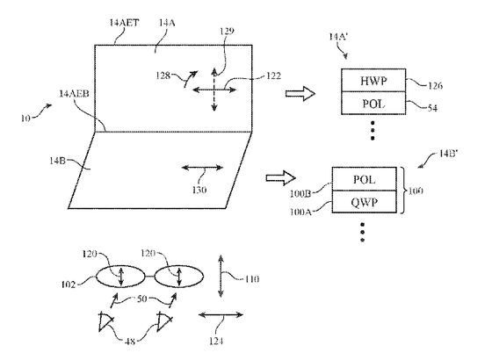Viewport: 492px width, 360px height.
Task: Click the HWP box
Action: click(x=373, y=80)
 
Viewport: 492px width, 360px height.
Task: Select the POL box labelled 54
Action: click(x=373, y=103)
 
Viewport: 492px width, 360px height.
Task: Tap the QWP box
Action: click(x=365, y=202)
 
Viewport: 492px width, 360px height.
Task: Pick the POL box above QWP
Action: click(x=365, y=179)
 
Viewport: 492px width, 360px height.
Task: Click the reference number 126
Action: click(x=435, y=86)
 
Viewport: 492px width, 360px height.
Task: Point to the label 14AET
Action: click(x=124, y=23)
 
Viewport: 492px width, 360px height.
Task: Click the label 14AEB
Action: click(x=74, y=93)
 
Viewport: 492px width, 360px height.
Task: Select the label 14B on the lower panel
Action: click(x=57, y=161)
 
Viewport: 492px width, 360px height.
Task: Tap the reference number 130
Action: click(x=199, y=190)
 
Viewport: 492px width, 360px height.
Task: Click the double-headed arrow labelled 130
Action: click(x=202, y=168)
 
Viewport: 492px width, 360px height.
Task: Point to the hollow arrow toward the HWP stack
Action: click(x=300, y=93)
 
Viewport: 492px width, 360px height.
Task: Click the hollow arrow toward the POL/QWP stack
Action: click(x=281, y=178)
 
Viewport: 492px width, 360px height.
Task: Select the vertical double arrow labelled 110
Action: click(x=221, y=276)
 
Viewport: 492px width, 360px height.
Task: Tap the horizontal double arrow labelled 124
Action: click(x=221, y=314)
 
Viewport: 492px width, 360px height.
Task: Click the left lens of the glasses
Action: click(x=120, y=277)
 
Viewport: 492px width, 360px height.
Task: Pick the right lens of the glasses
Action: click(x=179, y=277)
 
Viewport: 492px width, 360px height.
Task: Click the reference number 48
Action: click(x=130, y=342)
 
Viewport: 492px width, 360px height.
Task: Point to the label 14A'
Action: click(x=337, y=37)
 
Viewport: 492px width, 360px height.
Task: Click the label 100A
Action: click(x=300, y=212)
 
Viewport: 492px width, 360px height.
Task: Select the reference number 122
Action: click(x=273, y=76)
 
